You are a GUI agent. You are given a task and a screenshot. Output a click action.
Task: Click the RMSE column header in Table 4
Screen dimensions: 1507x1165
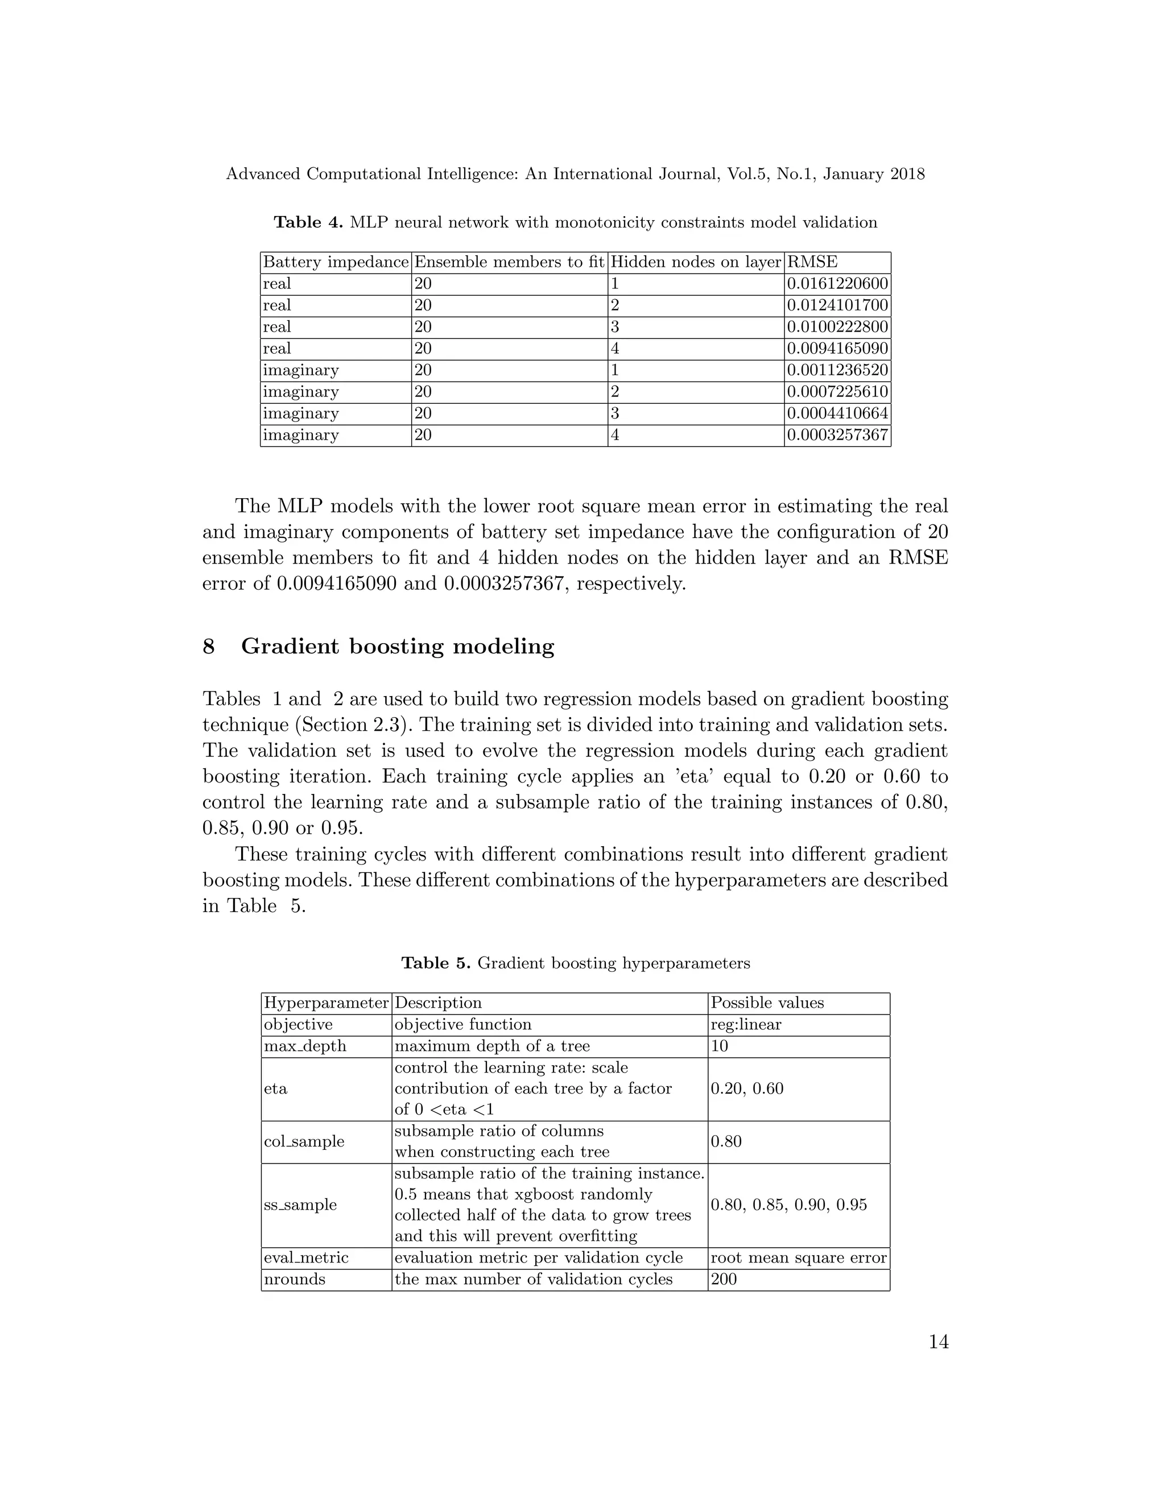812,262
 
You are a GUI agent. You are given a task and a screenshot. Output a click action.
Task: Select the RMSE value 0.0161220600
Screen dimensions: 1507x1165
837,284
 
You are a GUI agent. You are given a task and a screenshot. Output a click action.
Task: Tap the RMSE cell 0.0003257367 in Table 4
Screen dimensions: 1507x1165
837,436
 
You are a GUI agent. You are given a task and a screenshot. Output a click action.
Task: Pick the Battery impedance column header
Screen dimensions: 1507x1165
336,262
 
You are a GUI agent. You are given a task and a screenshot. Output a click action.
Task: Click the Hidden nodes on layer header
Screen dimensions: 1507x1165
695,262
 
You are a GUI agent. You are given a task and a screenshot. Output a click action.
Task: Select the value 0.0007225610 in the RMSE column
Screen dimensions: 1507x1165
837,392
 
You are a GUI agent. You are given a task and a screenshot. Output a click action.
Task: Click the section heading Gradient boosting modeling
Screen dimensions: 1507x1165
398,647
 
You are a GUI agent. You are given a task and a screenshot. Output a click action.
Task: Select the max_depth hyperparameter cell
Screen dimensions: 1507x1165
304,1046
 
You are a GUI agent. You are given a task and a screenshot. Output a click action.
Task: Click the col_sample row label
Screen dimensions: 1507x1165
304,1141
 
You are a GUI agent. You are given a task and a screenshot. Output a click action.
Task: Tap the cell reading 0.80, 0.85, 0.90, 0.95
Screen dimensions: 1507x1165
788,1205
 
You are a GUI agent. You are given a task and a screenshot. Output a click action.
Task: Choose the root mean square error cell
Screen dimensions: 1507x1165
798,1257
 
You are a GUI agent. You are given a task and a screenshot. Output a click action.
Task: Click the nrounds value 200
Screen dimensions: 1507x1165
724,1280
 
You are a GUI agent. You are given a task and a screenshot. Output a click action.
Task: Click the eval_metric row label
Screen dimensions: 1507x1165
305,1257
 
